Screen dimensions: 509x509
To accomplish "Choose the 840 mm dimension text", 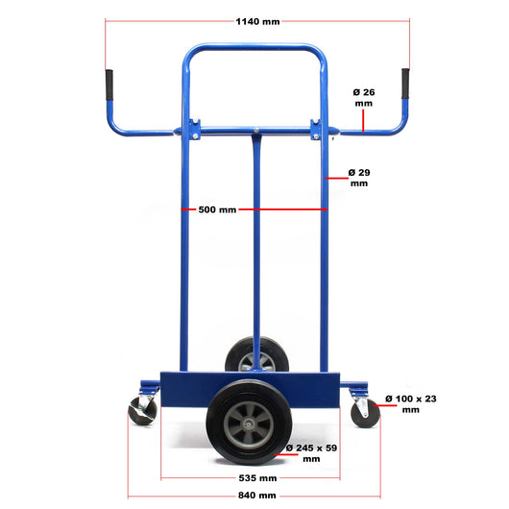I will (256, 496).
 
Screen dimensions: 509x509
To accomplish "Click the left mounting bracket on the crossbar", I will (195, 129).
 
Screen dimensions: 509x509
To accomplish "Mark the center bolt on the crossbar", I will (256, 131).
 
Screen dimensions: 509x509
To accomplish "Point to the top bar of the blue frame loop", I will (254, 48).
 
